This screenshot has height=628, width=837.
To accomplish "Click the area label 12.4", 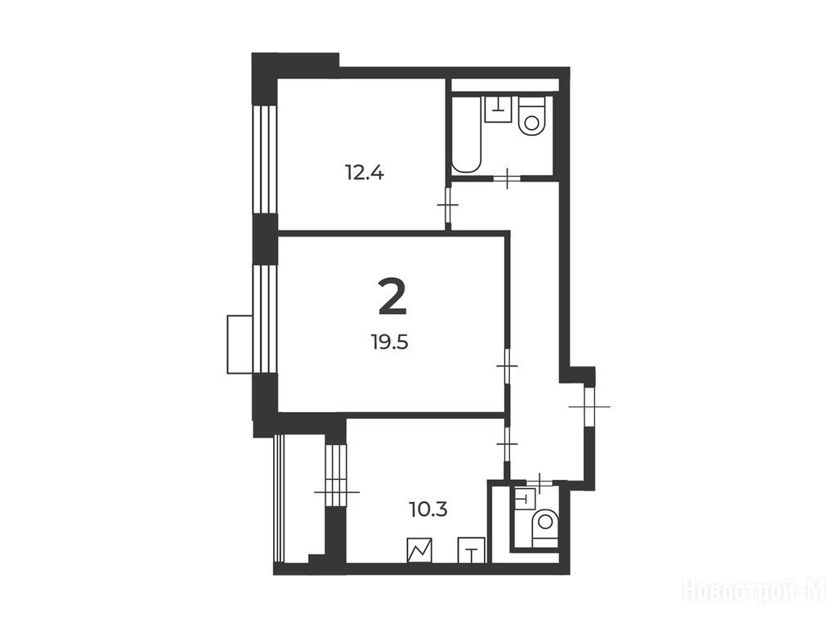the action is [x=365, y=173].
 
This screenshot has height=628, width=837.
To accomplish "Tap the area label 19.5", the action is [x=390, y=341].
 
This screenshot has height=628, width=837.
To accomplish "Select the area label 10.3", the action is [x=428, y=510].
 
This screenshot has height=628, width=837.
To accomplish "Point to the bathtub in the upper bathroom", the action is [x=468, y=133].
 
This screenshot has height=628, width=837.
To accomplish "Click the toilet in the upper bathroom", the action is [x=531, y=116].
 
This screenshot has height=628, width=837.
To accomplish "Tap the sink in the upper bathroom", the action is [x=498, y=109].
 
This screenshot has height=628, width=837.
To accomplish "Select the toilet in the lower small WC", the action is [x=545, y=527].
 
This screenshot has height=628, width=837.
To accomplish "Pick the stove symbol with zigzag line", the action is [x=419, y=550].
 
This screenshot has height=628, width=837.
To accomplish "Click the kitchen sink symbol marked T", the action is [x=472, y=550].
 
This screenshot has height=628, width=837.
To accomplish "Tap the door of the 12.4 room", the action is [x=449, y=205].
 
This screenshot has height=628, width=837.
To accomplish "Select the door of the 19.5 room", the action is [x=507, y=366].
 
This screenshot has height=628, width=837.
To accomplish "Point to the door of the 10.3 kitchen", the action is [x=507, y=444].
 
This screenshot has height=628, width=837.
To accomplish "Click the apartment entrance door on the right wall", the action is [x=589, y=407].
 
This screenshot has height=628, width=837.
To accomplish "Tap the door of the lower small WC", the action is [x=540, y=483].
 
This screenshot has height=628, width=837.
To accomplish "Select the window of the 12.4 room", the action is [x=265, y=159].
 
